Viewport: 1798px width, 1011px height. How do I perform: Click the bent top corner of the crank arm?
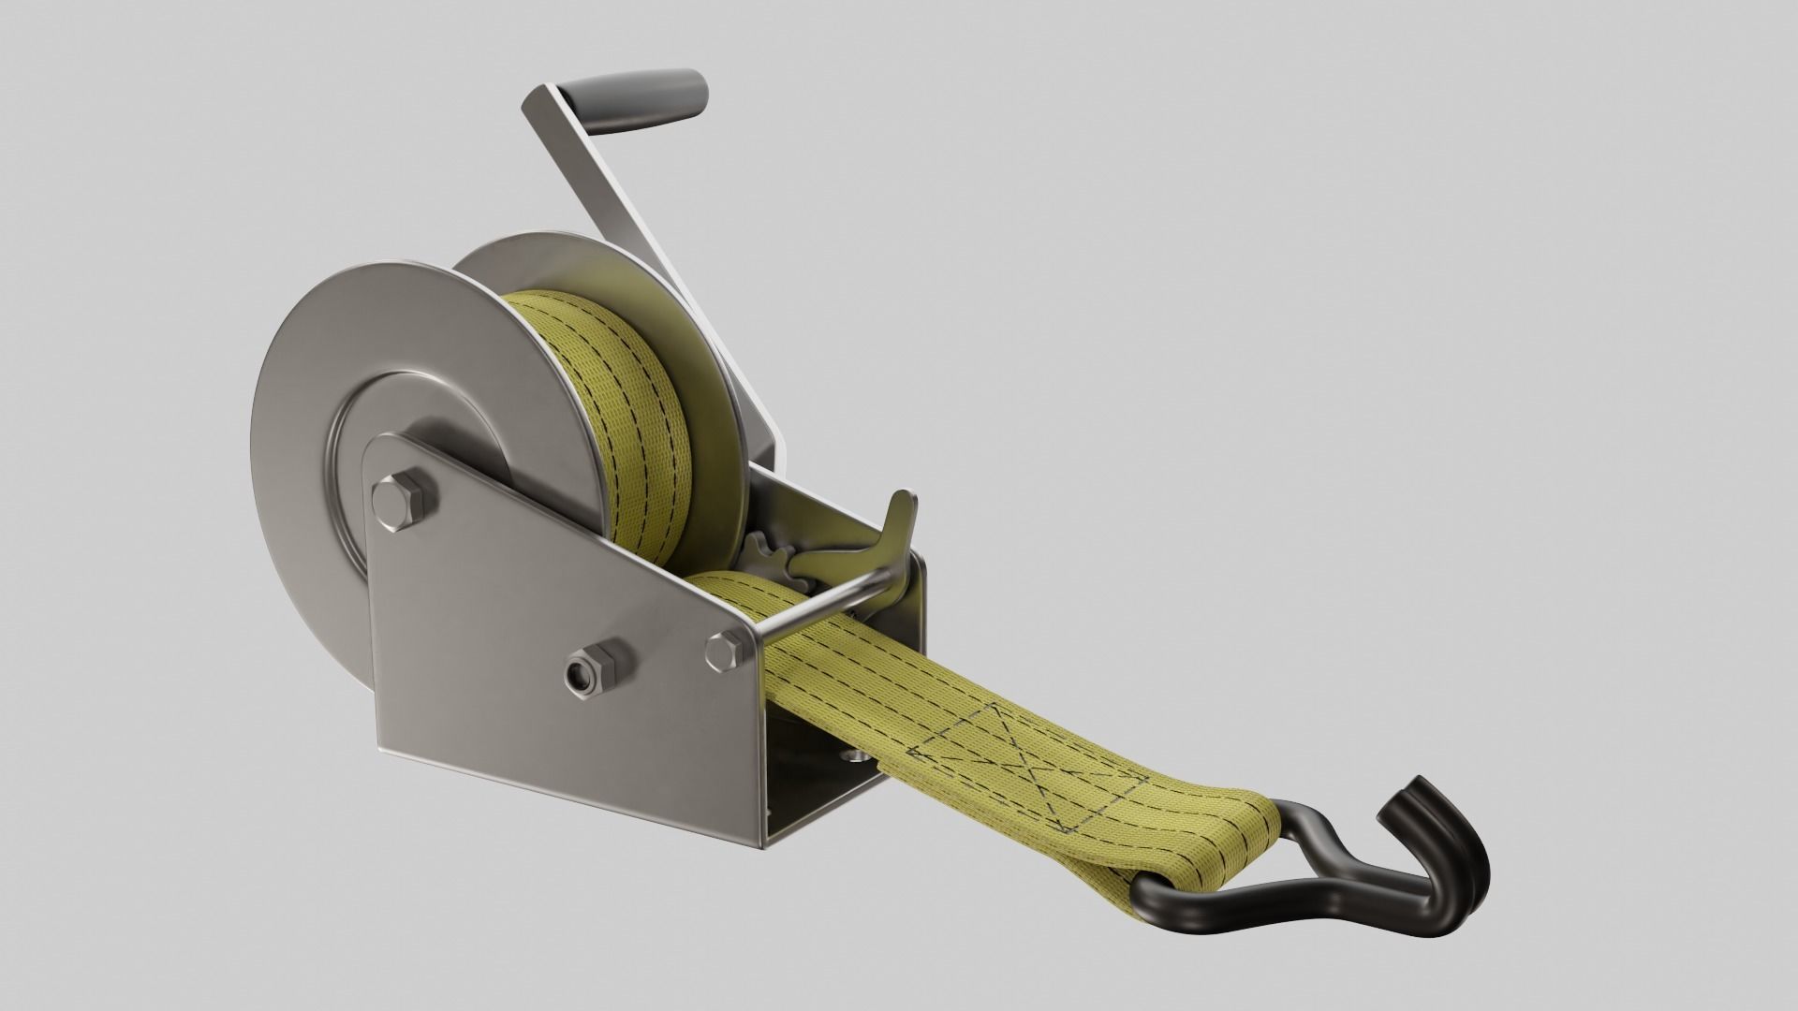coord(543,98)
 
